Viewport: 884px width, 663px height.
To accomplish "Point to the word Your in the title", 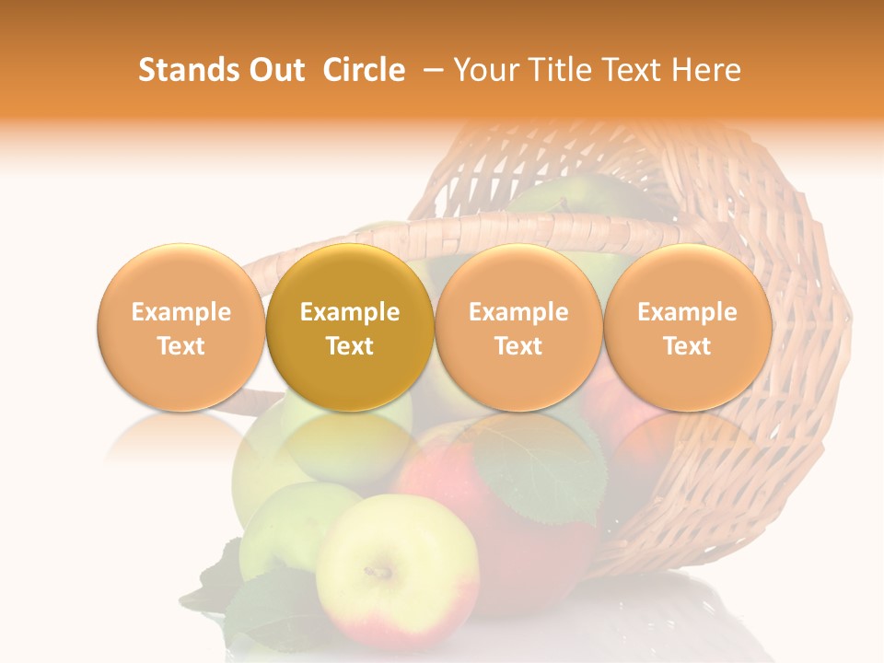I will tap(483, 70).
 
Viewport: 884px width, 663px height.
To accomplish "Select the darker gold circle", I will tap(350, 328).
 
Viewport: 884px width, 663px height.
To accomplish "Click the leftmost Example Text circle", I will tap(180, 328).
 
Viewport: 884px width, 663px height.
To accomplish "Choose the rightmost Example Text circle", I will tap(687, 328).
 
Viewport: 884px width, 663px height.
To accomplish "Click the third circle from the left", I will tap(518, 328).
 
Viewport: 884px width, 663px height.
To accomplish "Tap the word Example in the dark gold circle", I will tap(350, 312).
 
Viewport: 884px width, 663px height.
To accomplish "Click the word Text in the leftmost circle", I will tap(180, 346).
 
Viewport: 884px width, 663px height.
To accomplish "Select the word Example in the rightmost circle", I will tap(687, 312).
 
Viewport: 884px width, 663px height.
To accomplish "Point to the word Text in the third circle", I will tap(518, 346).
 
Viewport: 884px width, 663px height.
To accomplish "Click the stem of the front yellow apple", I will tap(378, 572).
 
